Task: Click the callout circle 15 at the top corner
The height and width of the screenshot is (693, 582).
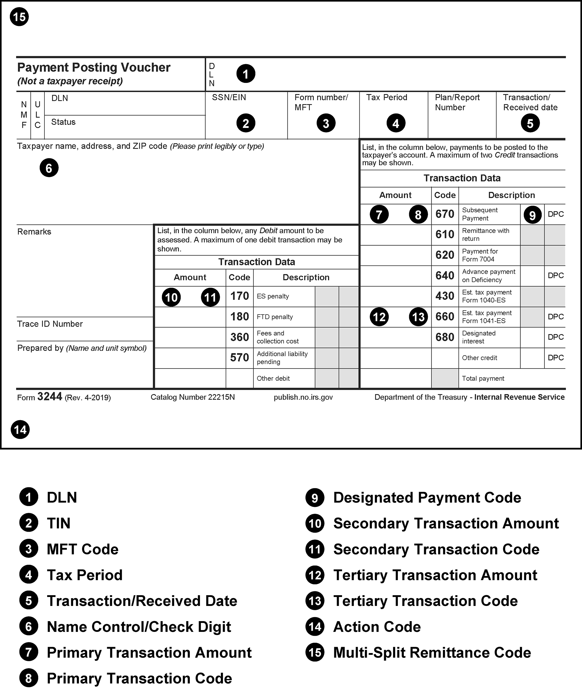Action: coord(19,17)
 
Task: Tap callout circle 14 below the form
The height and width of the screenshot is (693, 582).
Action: coord(20,430)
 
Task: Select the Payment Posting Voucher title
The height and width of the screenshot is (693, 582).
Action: coord(94,68)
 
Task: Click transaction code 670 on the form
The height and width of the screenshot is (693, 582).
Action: coord(445,214)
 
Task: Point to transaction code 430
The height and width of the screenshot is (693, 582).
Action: coord(445,296)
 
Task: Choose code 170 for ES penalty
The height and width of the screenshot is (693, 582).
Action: coord(239,296)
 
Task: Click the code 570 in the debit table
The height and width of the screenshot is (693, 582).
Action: coord(239,358)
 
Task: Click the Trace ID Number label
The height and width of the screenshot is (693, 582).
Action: coord(50,324)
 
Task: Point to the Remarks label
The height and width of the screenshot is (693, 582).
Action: coord(34,232)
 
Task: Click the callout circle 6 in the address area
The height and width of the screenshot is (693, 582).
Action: coord(49,168)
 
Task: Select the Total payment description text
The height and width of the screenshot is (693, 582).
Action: coord(483,378)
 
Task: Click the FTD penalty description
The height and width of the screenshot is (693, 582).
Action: coord(275,317)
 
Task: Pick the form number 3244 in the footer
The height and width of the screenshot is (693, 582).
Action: coord(50,397)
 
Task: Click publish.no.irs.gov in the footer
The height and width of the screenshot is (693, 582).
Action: coord(303,397)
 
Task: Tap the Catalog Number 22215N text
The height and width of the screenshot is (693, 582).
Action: coord(193,397)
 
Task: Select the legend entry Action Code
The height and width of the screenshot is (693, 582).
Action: coord(377,627)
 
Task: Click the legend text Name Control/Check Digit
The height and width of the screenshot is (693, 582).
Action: coord(139,627)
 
